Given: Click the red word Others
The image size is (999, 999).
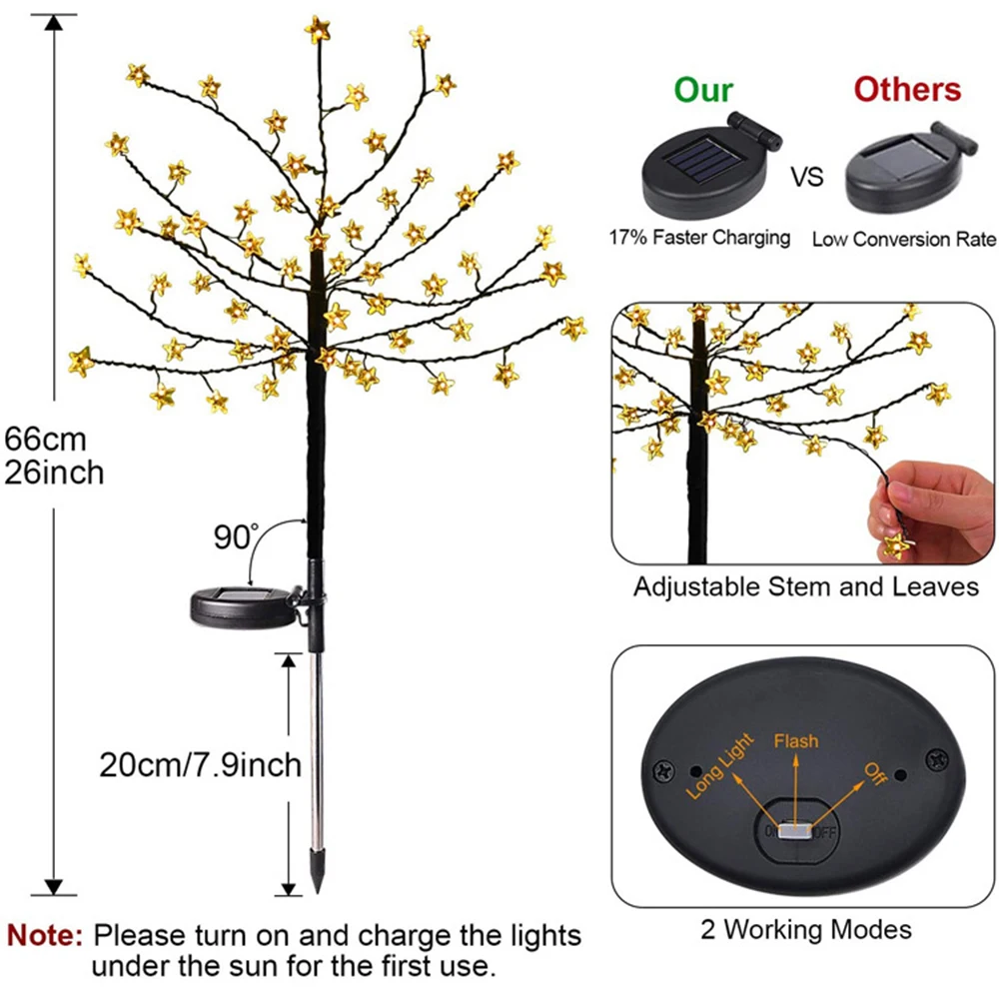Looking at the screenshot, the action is (x=907, y=89).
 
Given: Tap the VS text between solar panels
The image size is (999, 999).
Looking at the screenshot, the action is (x=808, y=178).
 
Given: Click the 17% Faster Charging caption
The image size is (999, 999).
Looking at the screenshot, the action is (x=699, y=238).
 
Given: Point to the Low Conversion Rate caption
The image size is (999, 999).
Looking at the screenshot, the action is (x=903, y=239).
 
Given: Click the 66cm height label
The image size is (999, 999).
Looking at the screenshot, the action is (x=46, y=439).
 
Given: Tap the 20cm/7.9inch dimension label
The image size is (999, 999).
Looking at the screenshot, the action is (x=200, y=765).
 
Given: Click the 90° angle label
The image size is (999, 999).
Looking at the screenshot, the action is (x=234, y=536).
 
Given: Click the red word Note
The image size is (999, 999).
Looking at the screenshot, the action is (x=45, y=936).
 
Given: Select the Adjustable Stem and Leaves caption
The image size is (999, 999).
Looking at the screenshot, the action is (x=805, y=586).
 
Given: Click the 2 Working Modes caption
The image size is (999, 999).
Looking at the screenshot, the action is (x=805, y=930).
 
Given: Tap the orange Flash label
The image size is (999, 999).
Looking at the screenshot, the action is (x=795, y=740).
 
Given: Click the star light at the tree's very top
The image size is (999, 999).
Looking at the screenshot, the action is (x=318, y=28).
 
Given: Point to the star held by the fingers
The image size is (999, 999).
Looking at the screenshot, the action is (x=897, y=543).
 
